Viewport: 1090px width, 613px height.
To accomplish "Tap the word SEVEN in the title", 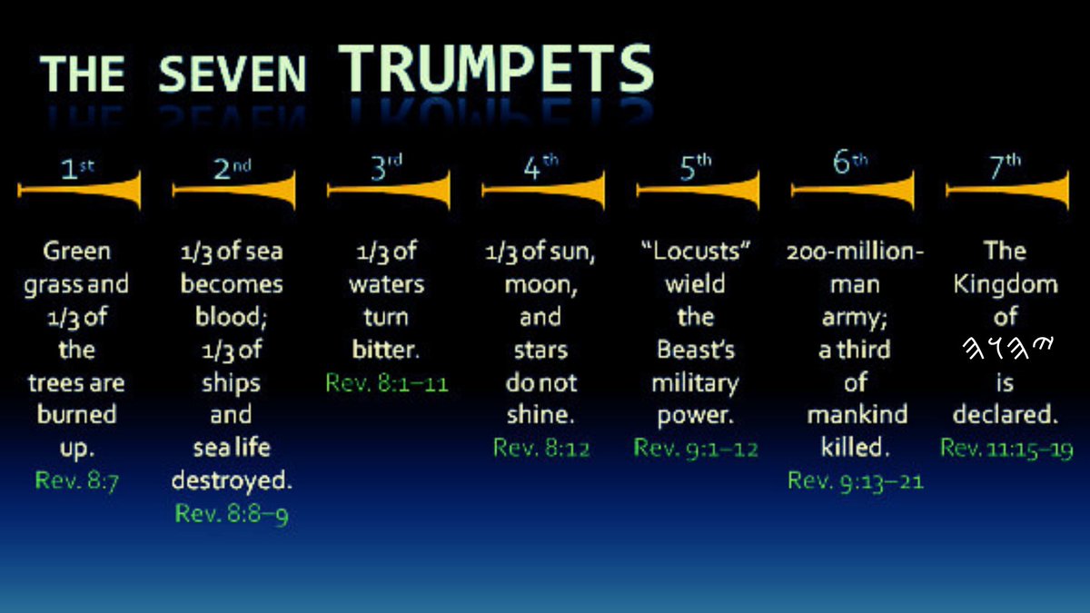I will [x=233, y=74].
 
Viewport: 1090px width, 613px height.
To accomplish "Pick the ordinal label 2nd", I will [x=233, y=167].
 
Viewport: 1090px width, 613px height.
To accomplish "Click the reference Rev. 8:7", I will [x=77, y=480].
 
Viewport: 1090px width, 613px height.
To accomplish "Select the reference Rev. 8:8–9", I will [x=232, y=513].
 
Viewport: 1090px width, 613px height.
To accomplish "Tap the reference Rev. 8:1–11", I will [x=387, y=382].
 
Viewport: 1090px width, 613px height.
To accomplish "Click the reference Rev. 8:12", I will [x=541, y=448].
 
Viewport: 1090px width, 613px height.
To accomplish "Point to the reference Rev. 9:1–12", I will [x=696, y=448].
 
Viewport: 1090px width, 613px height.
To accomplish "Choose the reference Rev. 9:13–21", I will [x=855, y=480].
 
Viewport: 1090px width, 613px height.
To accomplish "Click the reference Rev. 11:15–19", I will [x=1006, y=448].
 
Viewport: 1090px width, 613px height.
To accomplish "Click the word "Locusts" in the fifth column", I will [x=696, y=252].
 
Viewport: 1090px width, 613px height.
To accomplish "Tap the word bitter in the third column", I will [x=386, y=350].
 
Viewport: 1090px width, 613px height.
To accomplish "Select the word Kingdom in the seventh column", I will [x=1006, y=284].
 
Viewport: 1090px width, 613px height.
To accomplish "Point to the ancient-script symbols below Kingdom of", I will [x=1006, y=350].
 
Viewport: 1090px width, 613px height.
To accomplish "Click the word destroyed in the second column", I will [x=232, y=480].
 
